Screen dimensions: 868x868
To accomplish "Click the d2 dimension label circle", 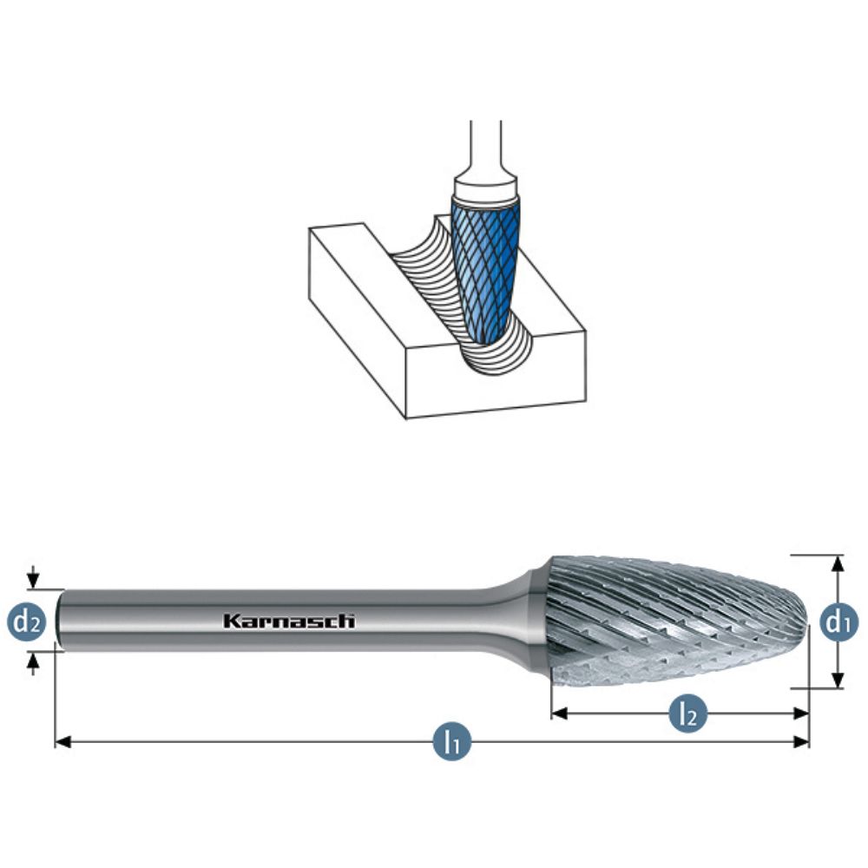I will tap(27, 621).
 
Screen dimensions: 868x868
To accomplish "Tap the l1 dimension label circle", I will tap(451, 742).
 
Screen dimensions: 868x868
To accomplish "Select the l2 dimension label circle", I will tap(687, 713).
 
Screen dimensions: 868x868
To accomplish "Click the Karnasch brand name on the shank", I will tap(289, 621).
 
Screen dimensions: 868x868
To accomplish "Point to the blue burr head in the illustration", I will tap(482, 265).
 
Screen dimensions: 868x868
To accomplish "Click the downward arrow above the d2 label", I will tap(33, 580).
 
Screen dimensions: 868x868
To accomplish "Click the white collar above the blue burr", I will tap(486, 185).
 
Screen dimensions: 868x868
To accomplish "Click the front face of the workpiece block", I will tap(495, 378).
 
